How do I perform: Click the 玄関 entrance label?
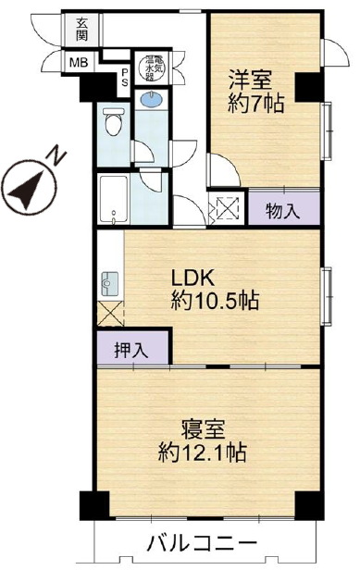(x=81, y=30)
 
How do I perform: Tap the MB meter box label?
(x=79, y=63)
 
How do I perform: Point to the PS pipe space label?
(x=125, y=78)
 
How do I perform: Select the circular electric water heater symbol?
(x=150, y=68)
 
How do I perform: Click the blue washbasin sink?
(x=151, y=99)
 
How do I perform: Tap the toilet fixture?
(x=113, y=121)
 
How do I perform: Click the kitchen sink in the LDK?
(x=110, y=283)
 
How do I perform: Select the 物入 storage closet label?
(x=283, y=211)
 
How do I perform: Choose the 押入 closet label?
(x=131, y=351)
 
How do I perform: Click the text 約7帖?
(x=255, y=104)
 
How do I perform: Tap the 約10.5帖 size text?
(x=215, y=301)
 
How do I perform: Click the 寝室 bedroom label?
(x=204, y=429)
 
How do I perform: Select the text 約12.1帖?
(x=202, y=452)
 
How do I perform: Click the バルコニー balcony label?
(x=202, y=544)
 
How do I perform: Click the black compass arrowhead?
(x=26, y=189)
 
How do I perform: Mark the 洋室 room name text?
(x=250, y=80)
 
